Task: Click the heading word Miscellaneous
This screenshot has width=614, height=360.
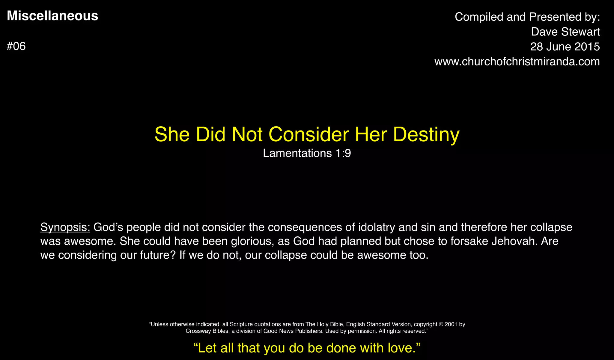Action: click(x=52, y=16)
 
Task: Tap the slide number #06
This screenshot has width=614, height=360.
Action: click(x=16, y=46)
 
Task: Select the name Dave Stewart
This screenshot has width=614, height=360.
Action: click(x=565, y=32)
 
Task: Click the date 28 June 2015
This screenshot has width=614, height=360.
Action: click(x=565, y=47)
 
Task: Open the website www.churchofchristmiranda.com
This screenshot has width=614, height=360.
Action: click(x=517, y=62)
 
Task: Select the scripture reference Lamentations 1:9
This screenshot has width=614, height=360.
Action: click(x=307, y=153)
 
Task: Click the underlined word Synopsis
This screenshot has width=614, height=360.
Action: click(x=65, y=227)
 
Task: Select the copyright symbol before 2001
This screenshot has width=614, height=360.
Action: click(x=441, y=324)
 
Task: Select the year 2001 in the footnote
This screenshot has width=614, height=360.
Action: click(x=451, y=324)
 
